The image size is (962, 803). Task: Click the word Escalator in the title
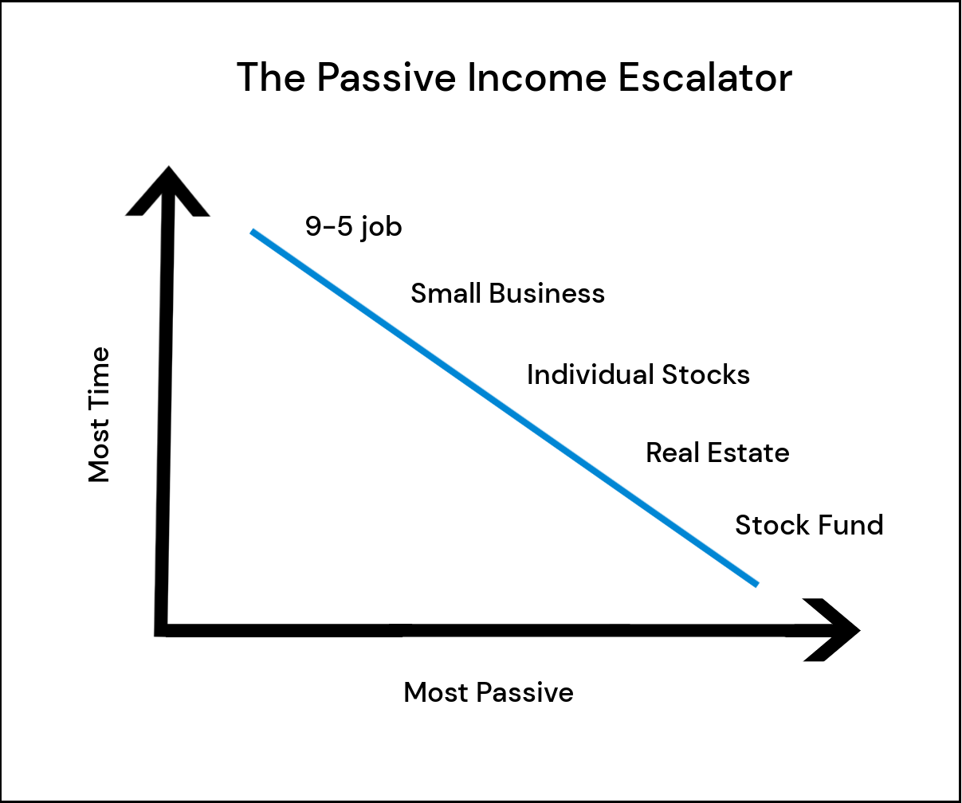(705, 77)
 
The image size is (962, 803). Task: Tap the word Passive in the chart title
(387, 77)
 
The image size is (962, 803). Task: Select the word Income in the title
(537, 77)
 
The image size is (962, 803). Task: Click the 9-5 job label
(353, 227)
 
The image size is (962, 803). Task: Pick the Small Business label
(508, 293)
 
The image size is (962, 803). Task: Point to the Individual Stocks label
(638, 374)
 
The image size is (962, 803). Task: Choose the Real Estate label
(717, 452)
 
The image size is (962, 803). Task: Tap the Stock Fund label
(809, 525)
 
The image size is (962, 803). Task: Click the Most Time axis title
(99, 414)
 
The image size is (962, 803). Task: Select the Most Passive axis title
(489, 692)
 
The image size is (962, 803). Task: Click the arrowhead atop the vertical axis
(168, 191)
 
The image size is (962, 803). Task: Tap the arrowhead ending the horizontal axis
(831, 630)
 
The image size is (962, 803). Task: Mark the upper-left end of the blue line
(253, 232)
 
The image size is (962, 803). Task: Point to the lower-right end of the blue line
(757, 585)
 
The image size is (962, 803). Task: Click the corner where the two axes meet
(160, 630)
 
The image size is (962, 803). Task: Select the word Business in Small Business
(547, 293)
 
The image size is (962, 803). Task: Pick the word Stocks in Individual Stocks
(706, 374)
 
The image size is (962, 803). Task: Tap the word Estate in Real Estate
(748, 452)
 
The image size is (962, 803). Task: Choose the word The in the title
(271, 77)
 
